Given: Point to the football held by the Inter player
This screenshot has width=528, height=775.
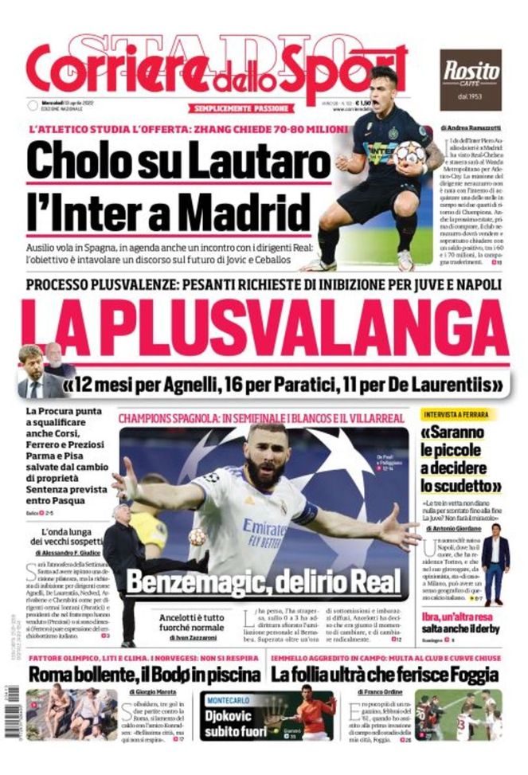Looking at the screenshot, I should point(409,153).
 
